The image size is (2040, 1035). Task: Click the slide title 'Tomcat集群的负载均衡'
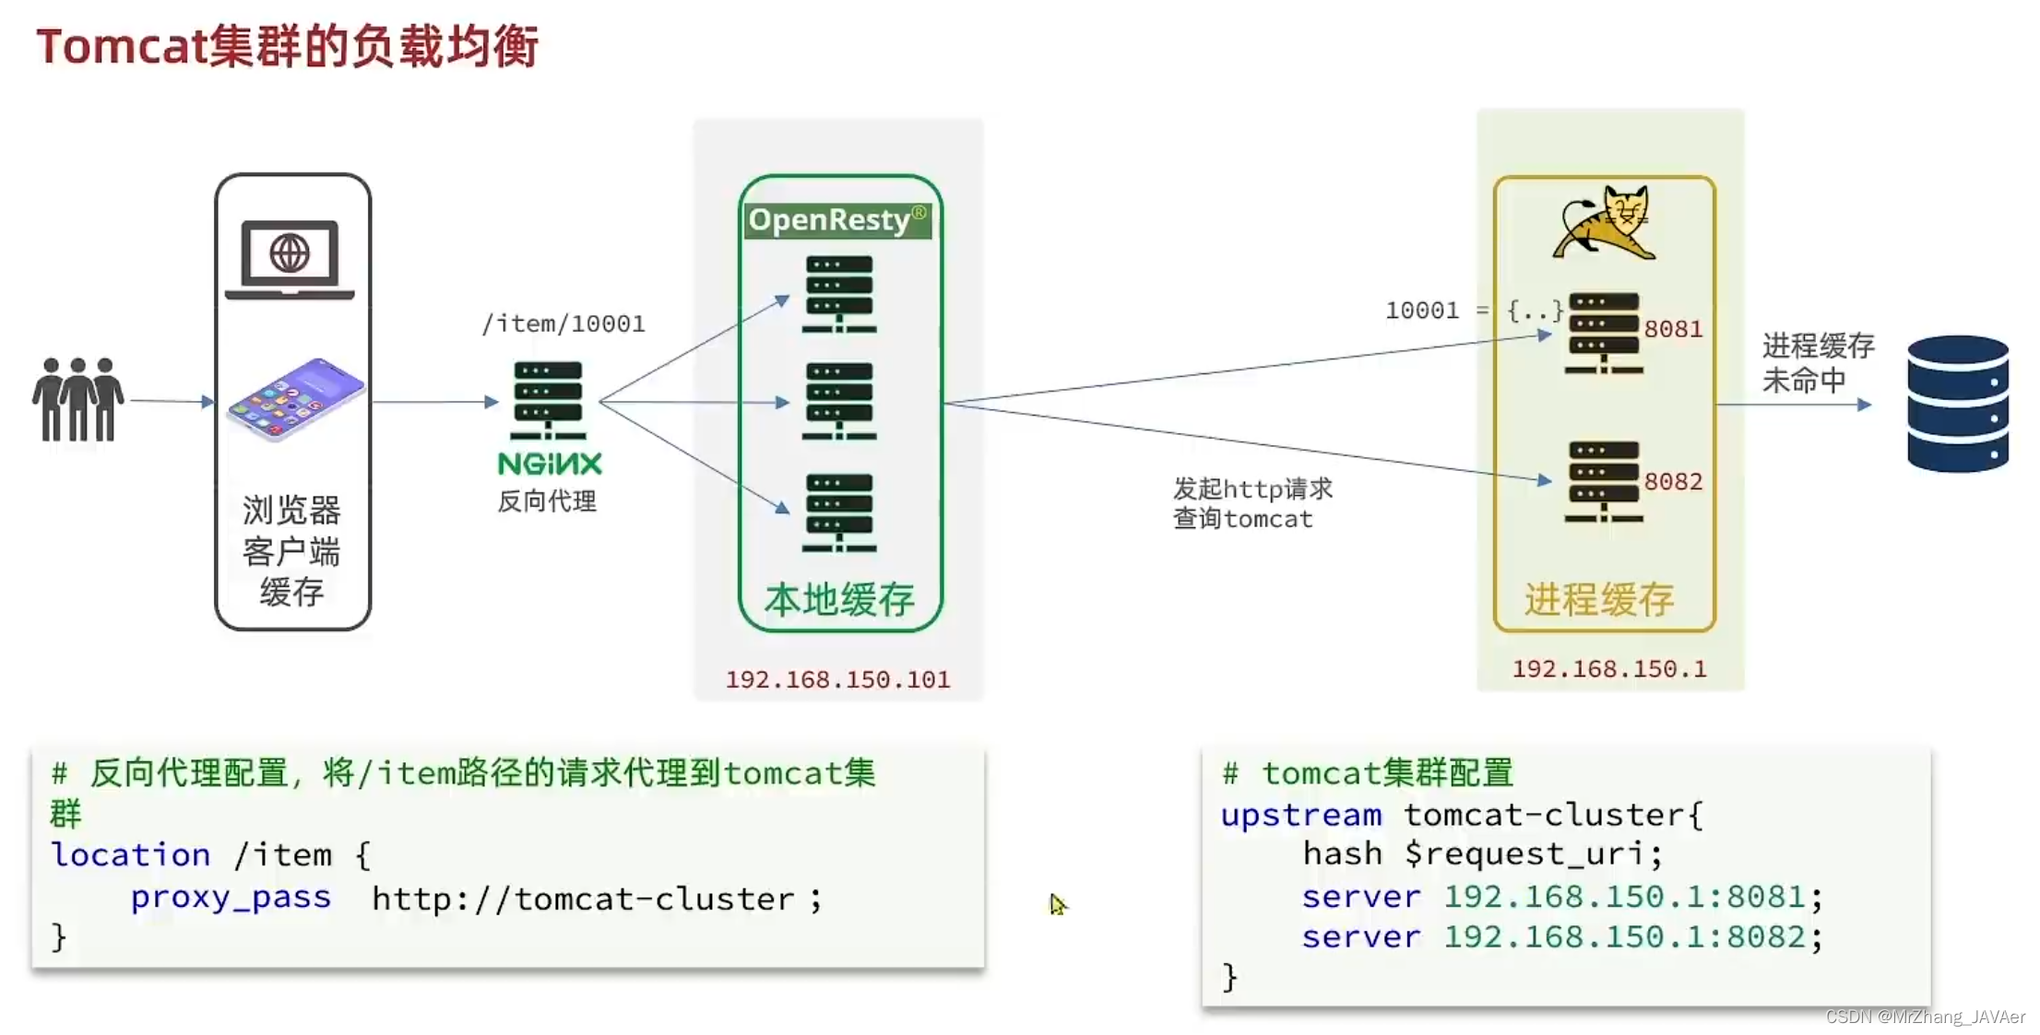click(287, 46)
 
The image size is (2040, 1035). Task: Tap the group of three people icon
click(78, 399)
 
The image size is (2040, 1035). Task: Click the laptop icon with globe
click(290, 259)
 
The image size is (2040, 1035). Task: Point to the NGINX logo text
click(550, 464)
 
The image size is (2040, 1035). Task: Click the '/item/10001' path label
click(563, 323)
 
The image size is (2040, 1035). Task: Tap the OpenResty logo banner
click(837, 220)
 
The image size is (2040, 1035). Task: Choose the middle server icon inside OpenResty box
click(838, 401)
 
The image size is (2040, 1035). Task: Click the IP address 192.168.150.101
click(837, 679)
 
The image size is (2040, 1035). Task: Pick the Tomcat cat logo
click(1605, 223)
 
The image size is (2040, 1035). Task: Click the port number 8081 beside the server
click(1673, 329)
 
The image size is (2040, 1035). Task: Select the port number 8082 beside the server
click(1673, 481)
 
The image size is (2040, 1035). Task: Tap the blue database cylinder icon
click(1957, 404)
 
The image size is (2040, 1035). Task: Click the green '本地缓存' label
click(839, 600)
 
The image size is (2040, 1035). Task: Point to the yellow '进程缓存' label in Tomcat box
click(1599, 600)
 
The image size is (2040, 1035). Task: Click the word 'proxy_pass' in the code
click(231, 897)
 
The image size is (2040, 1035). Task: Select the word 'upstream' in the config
click(1300, 815)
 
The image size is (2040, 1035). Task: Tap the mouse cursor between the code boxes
click(1057, 904)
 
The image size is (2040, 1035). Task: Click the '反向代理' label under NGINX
click(547, 501)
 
